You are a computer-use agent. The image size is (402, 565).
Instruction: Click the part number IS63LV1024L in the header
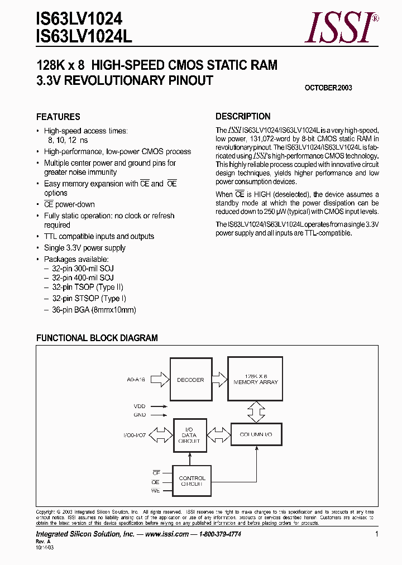click(x=84, y=36)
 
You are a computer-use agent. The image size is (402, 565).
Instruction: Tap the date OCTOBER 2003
click(x=328, y=88)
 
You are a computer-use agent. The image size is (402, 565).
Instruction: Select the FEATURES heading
click(x=58, y=117)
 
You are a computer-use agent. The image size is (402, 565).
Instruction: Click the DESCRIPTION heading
click(x=243, y=117)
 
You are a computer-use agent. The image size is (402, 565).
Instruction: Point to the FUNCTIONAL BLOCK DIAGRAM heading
click(x=97, y=338)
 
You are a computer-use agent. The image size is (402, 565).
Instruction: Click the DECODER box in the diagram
click(x=190, y=380)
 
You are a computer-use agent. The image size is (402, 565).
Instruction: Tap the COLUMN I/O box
click(x=256, y=434)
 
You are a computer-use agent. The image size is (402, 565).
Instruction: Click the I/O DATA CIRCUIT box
click(x=189, y=434)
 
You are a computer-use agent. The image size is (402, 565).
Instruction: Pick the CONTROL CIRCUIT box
click(x=192, y=481)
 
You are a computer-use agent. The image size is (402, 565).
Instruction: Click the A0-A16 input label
click(x=136, y=380)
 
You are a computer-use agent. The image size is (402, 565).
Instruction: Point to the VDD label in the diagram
click(x=140, y=406)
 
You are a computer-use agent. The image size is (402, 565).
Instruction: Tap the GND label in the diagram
click(x=140, y=415)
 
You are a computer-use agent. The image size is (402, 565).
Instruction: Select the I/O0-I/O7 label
click(x=135, y=434)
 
